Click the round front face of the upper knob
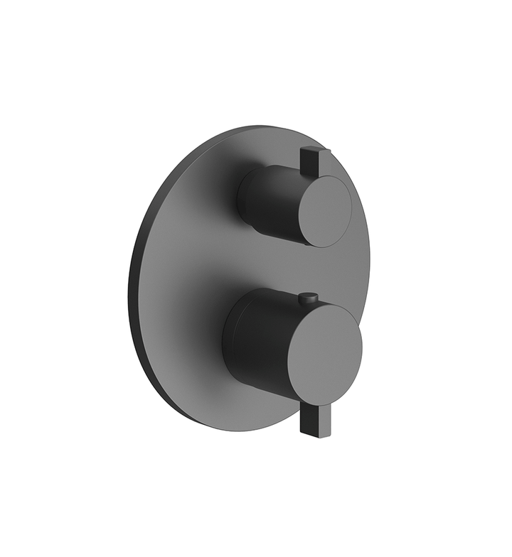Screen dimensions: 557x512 pyautogui.click(x=324, y=210)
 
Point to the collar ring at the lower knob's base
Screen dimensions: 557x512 pyautogui.click(x=228, y=334)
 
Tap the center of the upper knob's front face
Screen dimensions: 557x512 pyautogui.click(x=324, y=210)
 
